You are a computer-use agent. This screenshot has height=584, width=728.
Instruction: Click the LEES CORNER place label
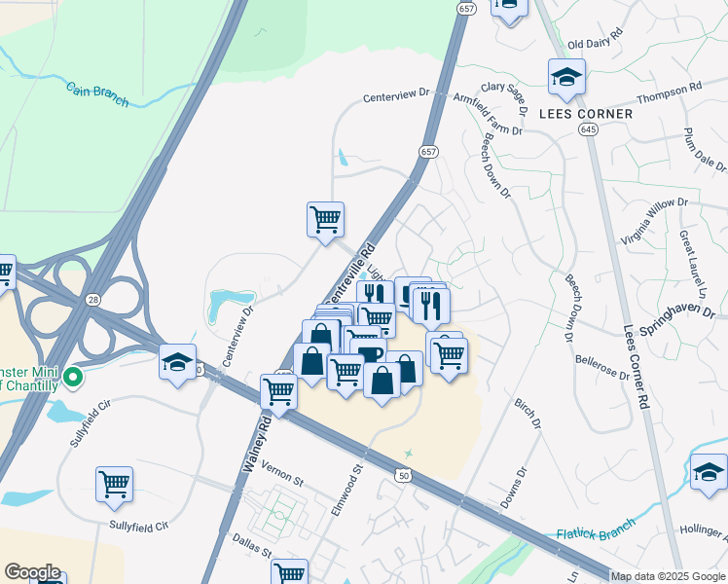[586, 114]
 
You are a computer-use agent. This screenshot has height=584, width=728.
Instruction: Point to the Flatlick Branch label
[596, 529]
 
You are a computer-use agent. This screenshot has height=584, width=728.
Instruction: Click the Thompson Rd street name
[669, 93]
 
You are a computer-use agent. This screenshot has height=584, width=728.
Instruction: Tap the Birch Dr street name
[529, 413]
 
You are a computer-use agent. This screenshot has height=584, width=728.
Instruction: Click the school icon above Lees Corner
[565, 77]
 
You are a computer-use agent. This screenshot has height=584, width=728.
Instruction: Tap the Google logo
[32, 572]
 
